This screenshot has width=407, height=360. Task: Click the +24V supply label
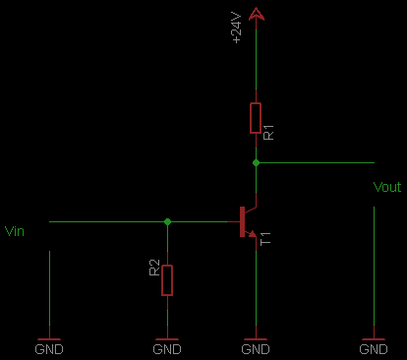pos(237,28)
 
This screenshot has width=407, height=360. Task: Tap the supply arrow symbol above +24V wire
pos(256,15)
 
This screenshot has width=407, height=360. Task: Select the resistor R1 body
pos(256,118)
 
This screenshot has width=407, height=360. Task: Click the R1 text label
pos(268,132)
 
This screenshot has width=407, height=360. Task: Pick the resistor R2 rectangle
pos(167,280)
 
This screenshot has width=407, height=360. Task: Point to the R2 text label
pos(154,268)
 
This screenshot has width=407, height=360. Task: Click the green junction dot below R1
pos(256,162)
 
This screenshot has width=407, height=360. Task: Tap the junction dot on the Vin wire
pos(167,222)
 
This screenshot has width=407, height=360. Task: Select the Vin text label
pos(15,231)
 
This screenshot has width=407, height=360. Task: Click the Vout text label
pos(387,187)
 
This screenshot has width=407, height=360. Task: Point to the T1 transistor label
pos(265,239)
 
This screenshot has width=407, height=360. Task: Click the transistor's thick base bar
pos(242,221)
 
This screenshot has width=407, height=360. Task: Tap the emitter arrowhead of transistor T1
pos(253,234)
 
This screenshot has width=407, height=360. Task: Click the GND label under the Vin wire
pos(49,349)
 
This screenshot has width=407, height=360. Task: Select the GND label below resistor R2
pos(167,349)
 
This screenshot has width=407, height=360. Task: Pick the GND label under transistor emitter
pos(256,349)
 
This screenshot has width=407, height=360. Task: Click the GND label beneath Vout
pos(374,349)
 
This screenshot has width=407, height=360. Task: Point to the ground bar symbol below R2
pos(167,339)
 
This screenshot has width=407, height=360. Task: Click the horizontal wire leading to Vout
pos(317,162)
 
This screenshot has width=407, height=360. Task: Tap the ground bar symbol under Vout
pos(374,339)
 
